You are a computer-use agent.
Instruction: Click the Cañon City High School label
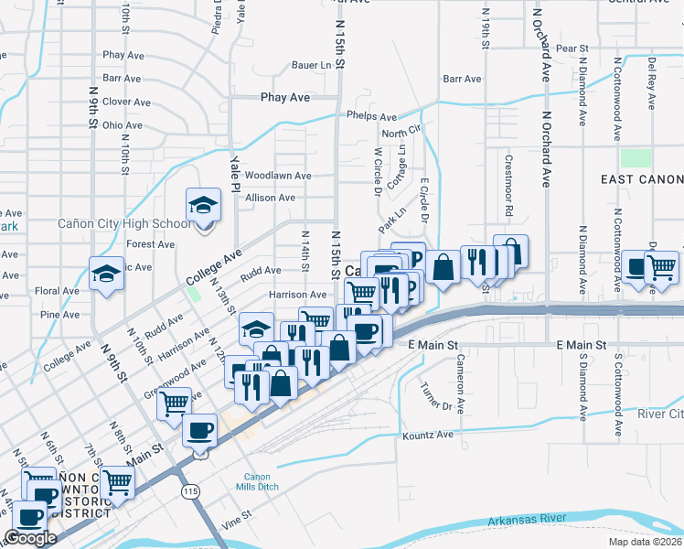[x=124, y=223]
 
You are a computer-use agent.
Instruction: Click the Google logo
[x=30, y=538]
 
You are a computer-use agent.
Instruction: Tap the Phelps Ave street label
[x=371, y=117]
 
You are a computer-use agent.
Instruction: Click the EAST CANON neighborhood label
[x=641, y=180]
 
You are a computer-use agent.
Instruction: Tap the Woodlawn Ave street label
[x=278, y=175]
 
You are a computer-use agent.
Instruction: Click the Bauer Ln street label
[x=311, y=66]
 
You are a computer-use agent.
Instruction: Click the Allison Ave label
[x=270, y=198]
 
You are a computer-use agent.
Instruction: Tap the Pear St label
[x=571, y=48]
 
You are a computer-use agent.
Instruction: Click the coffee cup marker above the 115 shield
[x=200, y=429]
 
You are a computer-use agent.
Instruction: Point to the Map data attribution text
[x=645, y=543]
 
